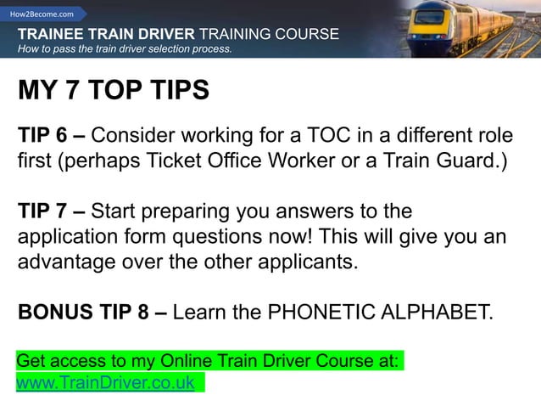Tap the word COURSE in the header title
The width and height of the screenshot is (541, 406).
point(309,34)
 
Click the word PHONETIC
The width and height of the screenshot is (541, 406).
point(316,312)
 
